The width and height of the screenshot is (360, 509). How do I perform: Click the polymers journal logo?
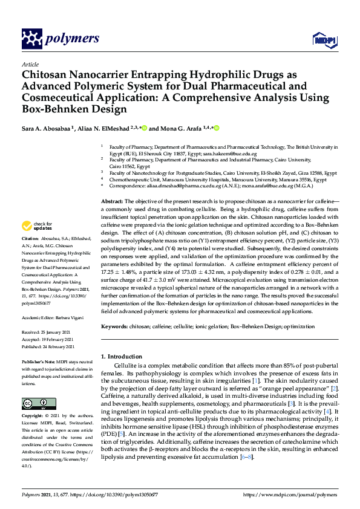point(60,39)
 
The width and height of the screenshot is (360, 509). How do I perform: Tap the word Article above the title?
point(29,63)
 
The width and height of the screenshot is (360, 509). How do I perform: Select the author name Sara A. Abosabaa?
point(46,129)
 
